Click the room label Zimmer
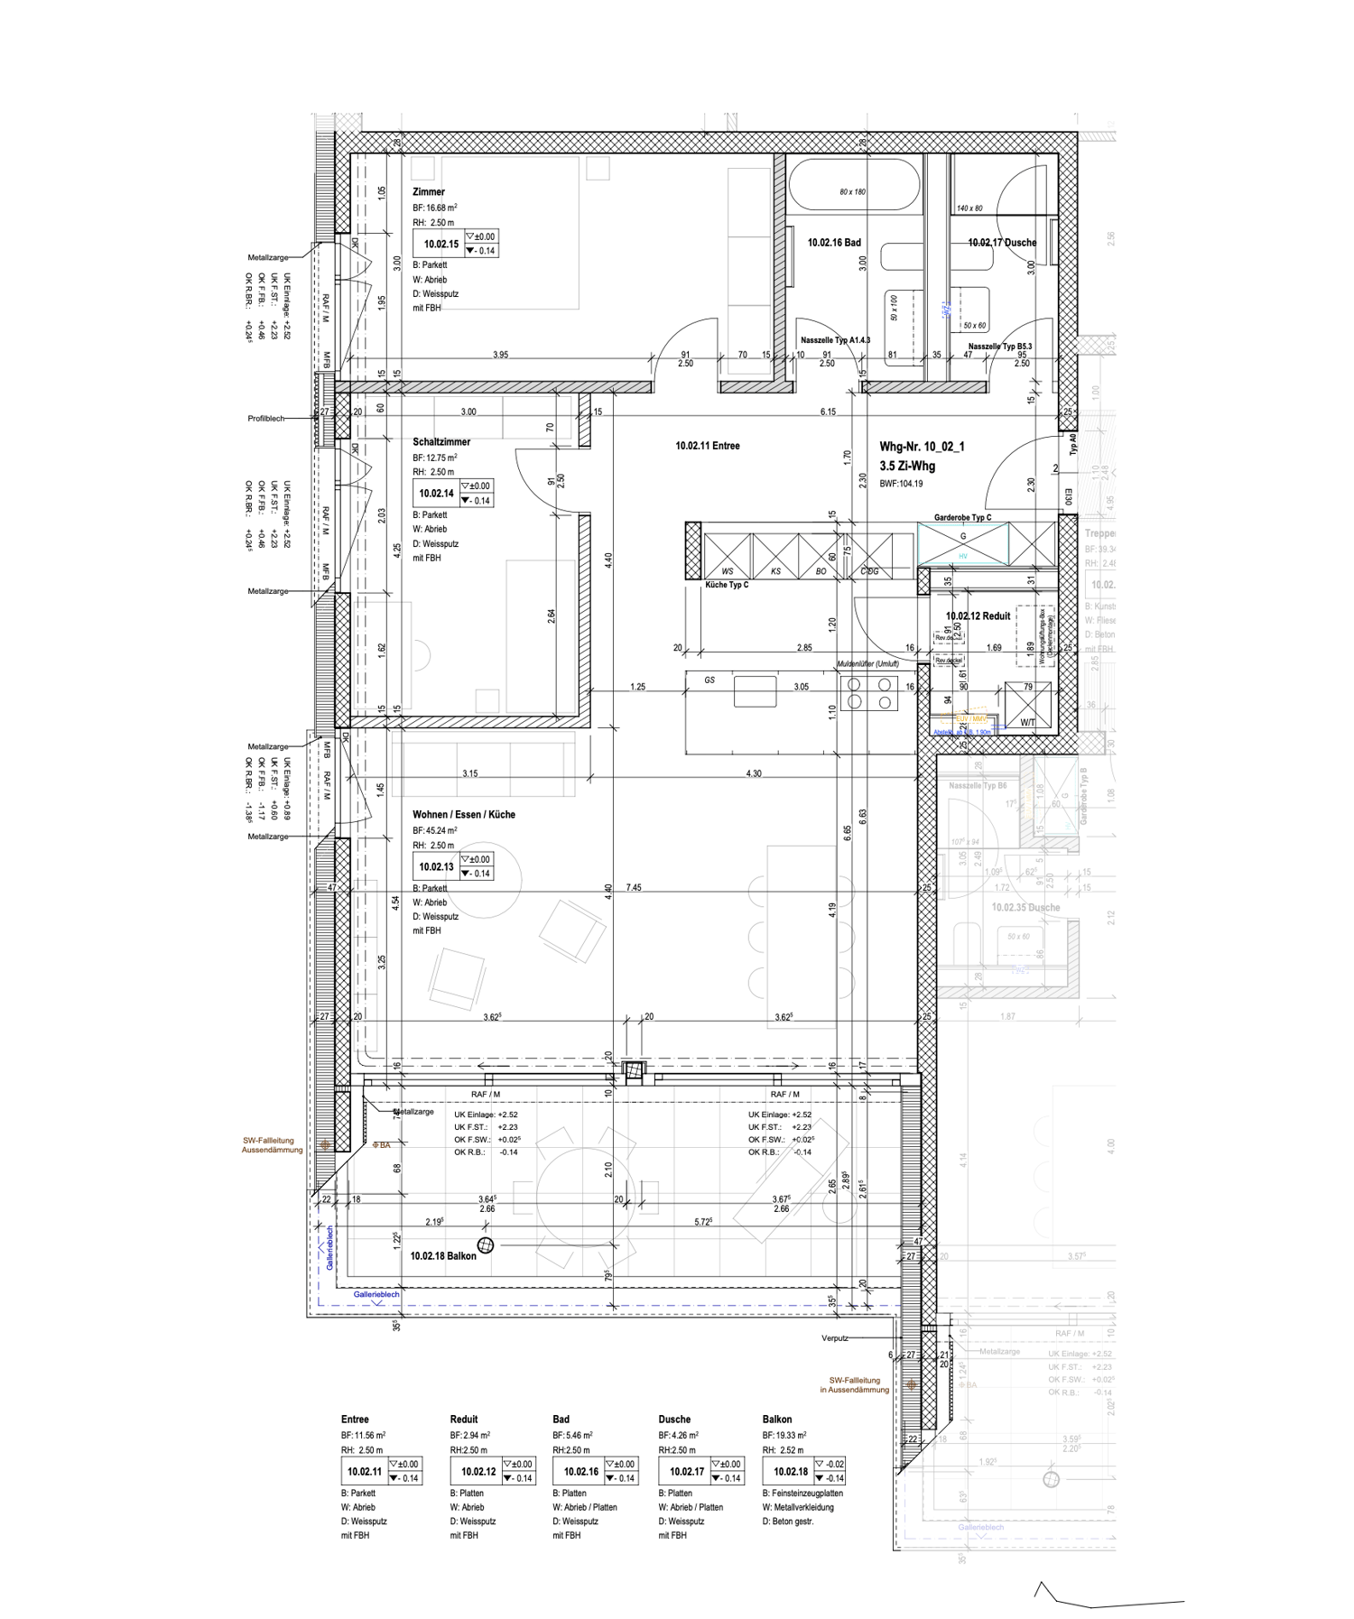coord(429,192)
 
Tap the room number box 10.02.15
coord(441,244)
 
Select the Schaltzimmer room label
coord(441,442)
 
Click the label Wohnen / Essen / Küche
coord(464,814)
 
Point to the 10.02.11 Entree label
coord(707,446)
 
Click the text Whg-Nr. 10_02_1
coord(922,447)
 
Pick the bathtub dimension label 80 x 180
coord(852,192)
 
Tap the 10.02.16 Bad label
coord(834,243)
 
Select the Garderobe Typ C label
coord(962,518)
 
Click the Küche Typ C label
coord(727,585)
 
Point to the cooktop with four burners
coord(869,693)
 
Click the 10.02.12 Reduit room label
coord(978,616)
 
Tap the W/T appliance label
coord(1028,722)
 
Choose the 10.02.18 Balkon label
coord(442,1255)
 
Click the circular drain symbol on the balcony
coord(486,1246)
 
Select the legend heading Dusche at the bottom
coord(674,1420)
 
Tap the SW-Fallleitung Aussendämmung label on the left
coord(272,1145)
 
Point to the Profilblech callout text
coord(266,419)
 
